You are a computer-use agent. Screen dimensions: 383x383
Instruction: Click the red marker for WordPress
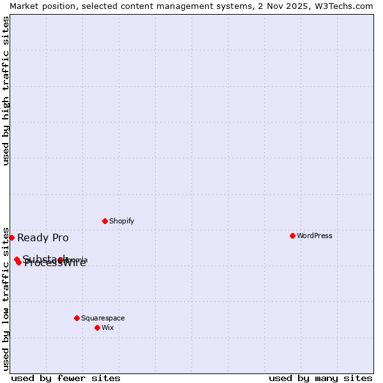[292, 236]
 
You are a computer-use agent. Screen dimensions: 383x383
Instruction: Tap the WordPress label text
[314, 236]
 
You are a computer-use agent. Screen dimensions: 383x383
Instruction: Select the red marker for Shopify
[105, 221]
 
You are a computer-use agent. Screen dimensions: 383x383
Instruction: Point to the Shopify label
[121, 221]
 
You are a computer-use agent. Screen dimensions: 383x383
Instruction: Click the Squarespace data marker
[77, 318]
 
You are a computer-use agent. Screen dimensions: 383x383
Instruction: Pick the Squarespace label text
[103, 318]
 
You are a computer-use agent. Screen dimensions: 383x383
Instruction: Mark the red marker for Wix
[97, 327]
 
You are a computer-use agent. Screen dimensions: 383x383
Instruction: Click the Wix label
[107, 327]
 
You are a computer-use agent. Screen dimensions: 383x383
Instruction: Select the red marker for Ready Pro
[11, 237]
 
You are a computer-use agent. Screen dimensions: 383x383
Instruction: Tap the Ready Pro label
[43, 238]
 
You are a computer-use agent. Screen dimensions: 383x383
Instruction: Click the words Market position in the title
[39, 6]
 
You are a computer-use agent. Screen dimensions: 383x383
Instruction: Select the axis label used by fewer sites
[66, 378]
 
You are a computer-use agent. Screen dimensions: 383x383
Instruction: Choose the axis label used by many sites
[320, 378]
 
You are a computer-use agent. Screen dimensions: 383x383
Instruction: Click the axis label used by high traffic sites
[6, 91]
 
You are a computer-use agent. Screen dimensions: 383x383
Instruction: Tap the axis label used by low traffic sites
[6, 298]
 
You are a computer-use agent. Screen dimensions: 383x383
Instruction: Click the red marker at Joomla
[61, 260]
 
